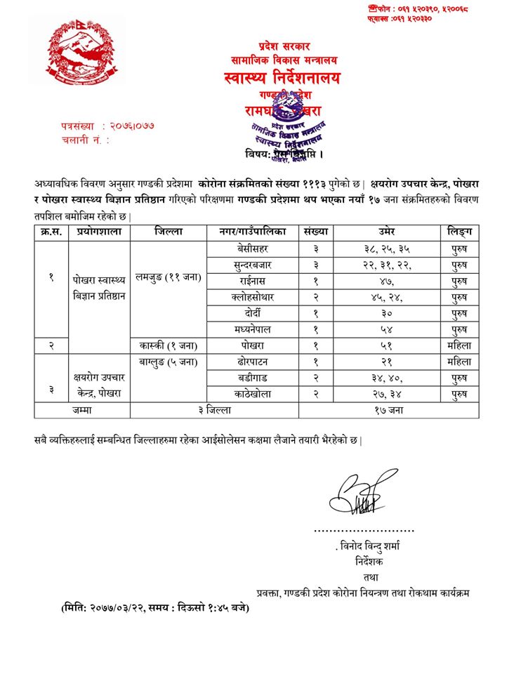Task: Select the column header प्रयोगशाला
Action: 98,231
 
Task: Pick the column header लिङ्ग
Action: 460,231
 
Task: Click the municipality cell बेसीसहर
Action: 252,249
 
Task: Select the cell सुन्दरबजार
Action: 252,265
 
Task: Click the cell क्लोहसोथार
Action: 252,297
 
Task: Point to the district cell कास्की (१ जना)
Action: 168,345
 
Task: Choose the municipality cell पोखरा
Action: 252,345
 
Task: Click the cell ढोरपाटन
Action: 252,362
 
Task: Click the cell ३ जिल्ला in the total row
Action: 214,411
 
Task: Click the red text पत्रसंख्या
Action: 79,126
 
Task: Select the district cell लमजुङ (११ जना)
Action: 168,277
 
